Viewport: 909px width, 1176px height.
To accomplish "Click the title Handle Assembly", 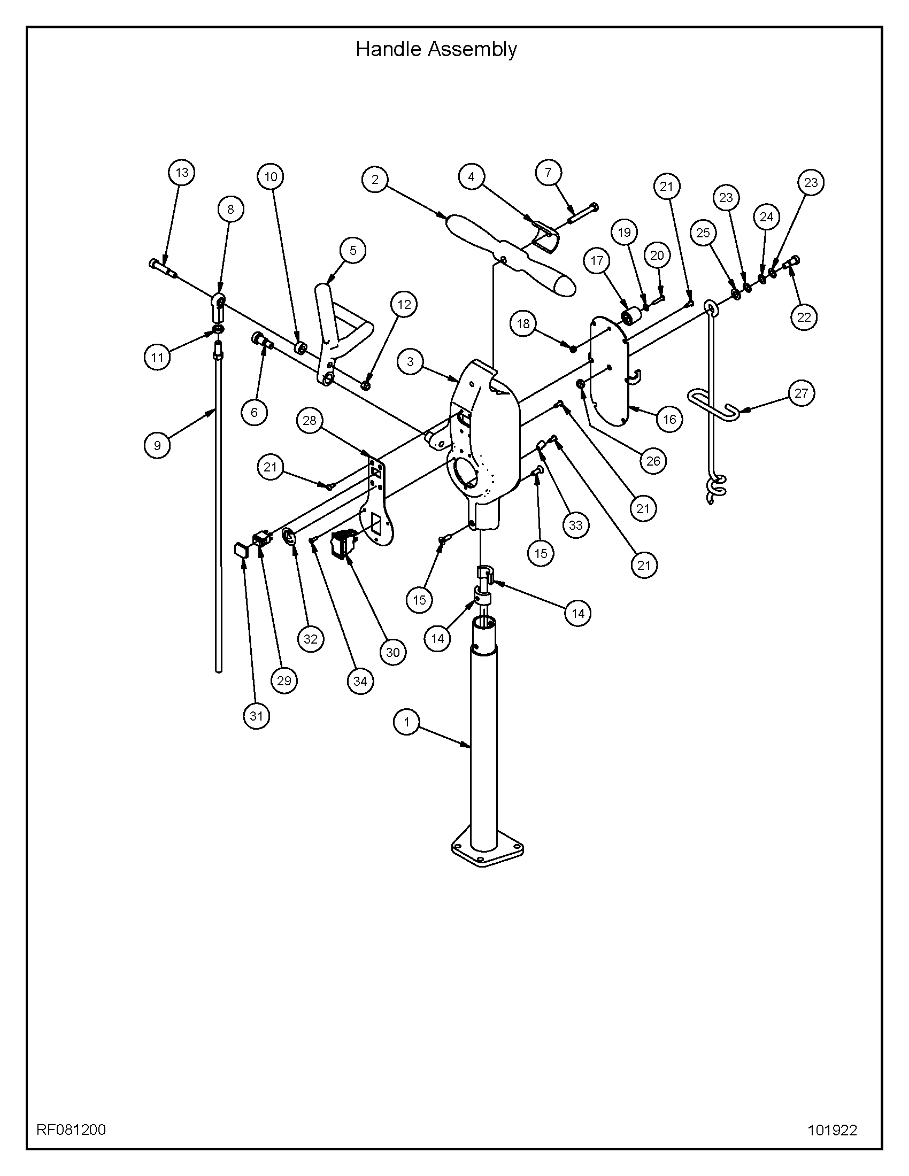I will [x=436, y=50].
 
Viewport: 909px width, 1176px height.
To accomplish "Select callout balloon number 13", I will [x=182, y=172].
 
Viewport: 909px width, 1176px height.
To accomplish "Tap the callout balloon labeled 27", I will [x=801, y=393].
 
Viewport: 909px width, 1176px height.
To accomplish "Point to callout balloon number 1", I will [x=407, y=722].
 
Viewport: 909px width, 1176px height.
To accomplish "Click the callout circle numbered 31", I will [x=256, y=716].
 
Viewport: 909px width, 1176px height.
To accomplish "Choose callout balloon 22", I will [x=804, y=318].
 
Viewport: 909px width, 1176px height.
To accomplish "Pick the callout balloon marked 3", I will [x=411, y=362].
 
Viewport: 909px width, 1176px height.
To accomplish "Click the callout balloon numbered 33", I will [x=576, y=525].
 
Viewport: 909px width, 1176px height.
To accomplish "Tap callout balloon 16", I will [x=669, y=419].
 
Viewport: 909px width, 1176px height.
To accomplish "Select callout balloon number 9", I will [x=157, y=445].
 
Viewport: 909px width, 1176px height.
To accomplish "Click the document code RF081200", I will [x=71, y=1125].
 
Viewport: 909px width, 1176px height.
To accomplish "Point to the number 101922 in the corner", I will [x=832, y=1126].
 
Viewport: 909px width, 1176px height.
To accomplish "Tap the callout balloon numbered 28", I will [x=310, y=420].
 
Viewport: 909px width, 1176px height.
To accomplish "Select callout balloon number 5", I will [x=353, y=250].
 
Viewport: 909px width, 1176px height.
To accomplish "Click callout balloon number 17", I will [x=597, y=261].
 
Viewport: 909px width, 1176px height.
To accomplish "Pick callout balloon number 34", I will [x=360, y=681].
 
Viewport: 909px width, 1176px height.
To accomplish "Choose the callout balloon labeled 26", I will [x=653, y=461].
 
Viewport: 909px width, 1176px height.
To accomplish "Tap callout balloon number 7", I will [x=548, y=172].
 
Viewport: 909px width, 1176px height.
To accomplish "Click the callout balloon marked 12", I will [x=404, y=304].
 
